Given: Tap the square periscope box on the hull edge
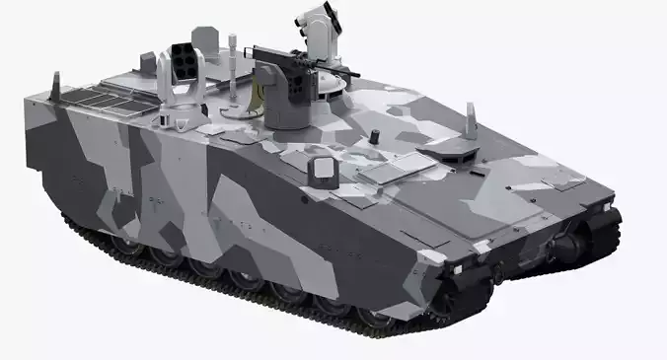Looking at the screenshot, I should point(321,169).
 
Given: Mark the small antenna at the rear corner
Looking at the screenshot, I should point(54,82).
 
